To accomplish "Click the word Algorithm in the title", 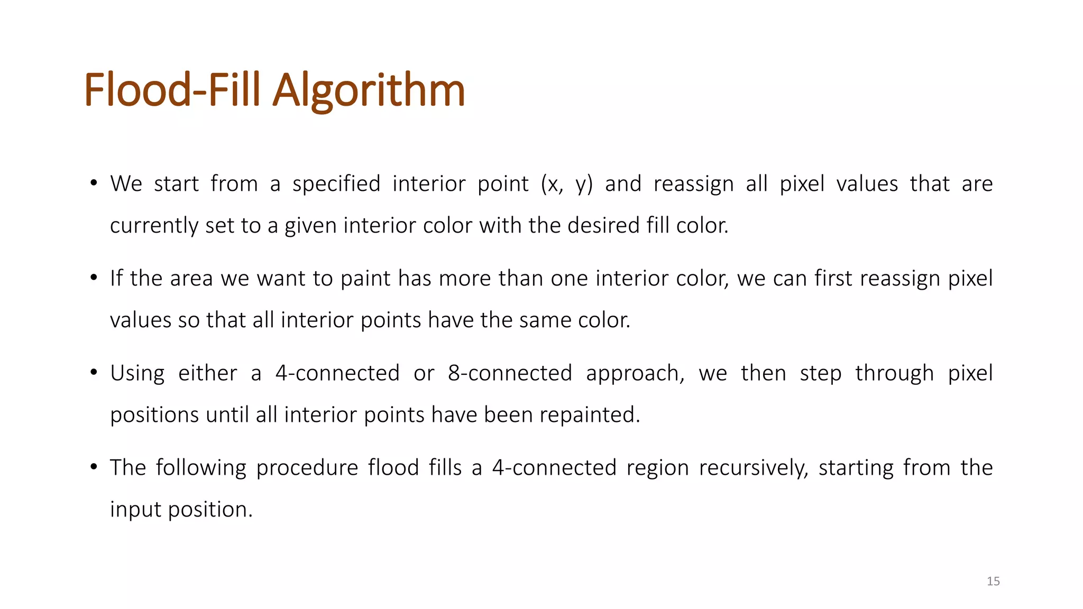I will pos(369,91).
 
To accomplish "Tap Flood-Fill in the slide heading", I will pos(172,91).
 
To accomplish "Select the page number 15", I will pos(993,582).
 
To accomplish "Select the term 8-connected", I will pos(510,373).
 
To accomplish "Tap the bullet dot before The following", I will pos(94,467).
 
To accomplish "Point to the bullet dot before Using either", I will pos(94,373).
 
